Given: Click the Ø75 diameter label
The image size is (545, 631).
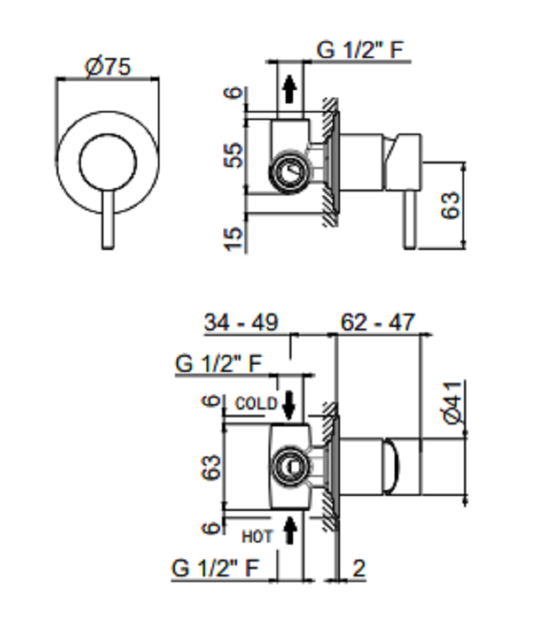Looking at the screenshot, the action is click(108, 67).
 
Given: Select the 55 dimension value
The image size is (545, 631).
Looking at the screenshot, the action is click(234, 155).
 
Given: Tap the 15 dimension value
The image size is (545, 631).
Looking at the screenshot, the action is click(234, 239).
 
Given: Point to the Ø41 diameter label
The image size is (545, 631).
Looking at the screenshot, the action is click(454, 403).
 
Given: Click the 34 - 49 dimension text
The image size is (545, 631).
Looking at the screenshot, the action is click(241, 322).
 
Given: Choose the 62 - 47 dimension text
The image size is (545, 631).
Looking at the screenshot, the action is click(377, 322).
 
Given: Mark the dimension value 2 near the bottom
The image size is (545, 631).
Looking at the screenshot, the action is click(358, 568).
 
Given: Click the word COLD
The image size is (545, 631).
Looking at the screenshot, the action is click(257, 403).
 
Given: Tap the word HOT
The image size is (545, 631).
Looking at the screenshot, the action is click(257, 537).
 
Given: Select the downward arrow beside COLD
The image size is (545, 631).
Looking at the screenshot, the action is click(289, 405).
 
